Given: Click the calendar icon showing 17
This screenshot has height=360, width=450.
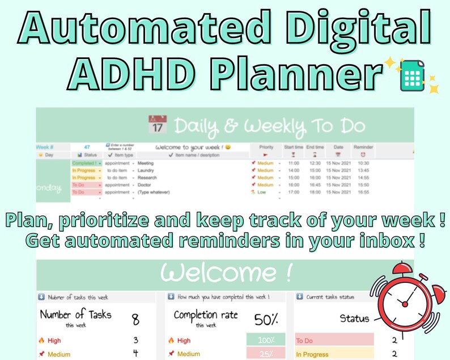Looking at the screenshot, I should tap(158, 124).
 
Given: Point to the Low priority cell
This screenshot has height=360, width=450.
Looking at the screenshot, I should tap(261, 192).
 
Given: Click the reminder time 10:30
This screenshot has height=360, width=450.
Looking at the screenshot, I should tap(363, 163).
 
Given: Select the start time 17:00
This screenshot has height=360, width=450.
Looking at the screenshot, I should tap(293, 192).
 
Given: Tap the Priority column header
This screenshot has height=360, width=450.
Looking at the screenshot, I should tap(266, 147).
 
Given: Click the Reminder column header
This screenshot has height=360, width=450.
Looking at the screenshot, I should tap(363, 147).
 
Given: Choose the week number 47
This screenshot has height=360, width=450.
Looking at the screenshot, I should tap(87, 147).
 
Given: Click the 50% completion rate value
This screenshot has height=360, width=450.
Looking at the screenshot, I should tap(266, 319).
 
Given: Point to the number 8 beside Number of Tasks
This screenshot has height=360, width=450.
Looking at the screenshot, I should tap(135, 320).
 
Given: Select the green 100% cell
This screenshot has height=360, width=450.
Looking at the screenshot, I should tap(266, 341).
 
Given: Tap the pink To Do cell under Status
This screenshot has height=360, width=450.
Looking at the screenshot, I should tap(334, 341).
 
